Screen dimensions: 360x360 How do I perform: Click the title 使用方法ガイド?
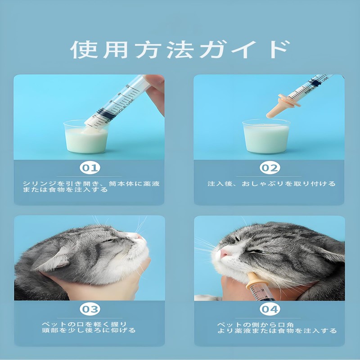coord(179,49)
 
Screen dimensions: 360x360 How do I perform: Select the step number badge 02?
coord(270,168)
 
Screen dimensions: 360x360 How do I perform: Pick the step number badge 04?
coord(270,309)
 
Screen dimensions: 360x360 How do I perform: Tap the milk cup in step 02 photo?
coord(265,137)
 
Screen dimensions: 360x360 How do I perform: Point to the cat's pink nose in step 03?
coord(137,237)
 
